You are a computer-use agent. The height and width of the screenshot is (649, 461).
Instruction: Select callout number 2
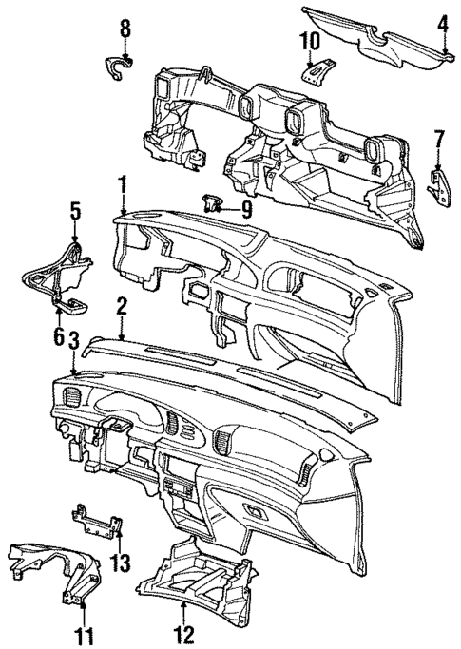tap(123, 305)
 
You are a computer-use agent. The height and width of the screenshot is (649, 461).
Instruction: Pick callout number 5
tap(75, 210)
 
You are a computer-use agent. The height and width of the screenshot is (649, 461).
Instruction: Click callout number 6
tap(59, 335)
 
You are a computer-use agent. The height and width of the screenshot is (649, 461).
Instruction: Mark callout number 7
tap(438, 142)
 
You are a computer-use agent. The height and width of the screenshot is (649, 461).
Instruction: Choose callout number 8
tap(125, 28)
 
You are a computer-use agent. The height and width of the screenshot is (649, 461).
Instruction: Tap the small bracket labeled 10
tap(317, 71)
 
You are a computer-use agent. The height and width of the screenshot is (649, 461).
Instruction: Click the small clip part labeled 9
tap(213, 202)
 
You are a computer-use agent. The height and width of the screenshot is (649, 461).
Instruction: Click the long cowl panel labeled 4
tap(371, 33)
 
